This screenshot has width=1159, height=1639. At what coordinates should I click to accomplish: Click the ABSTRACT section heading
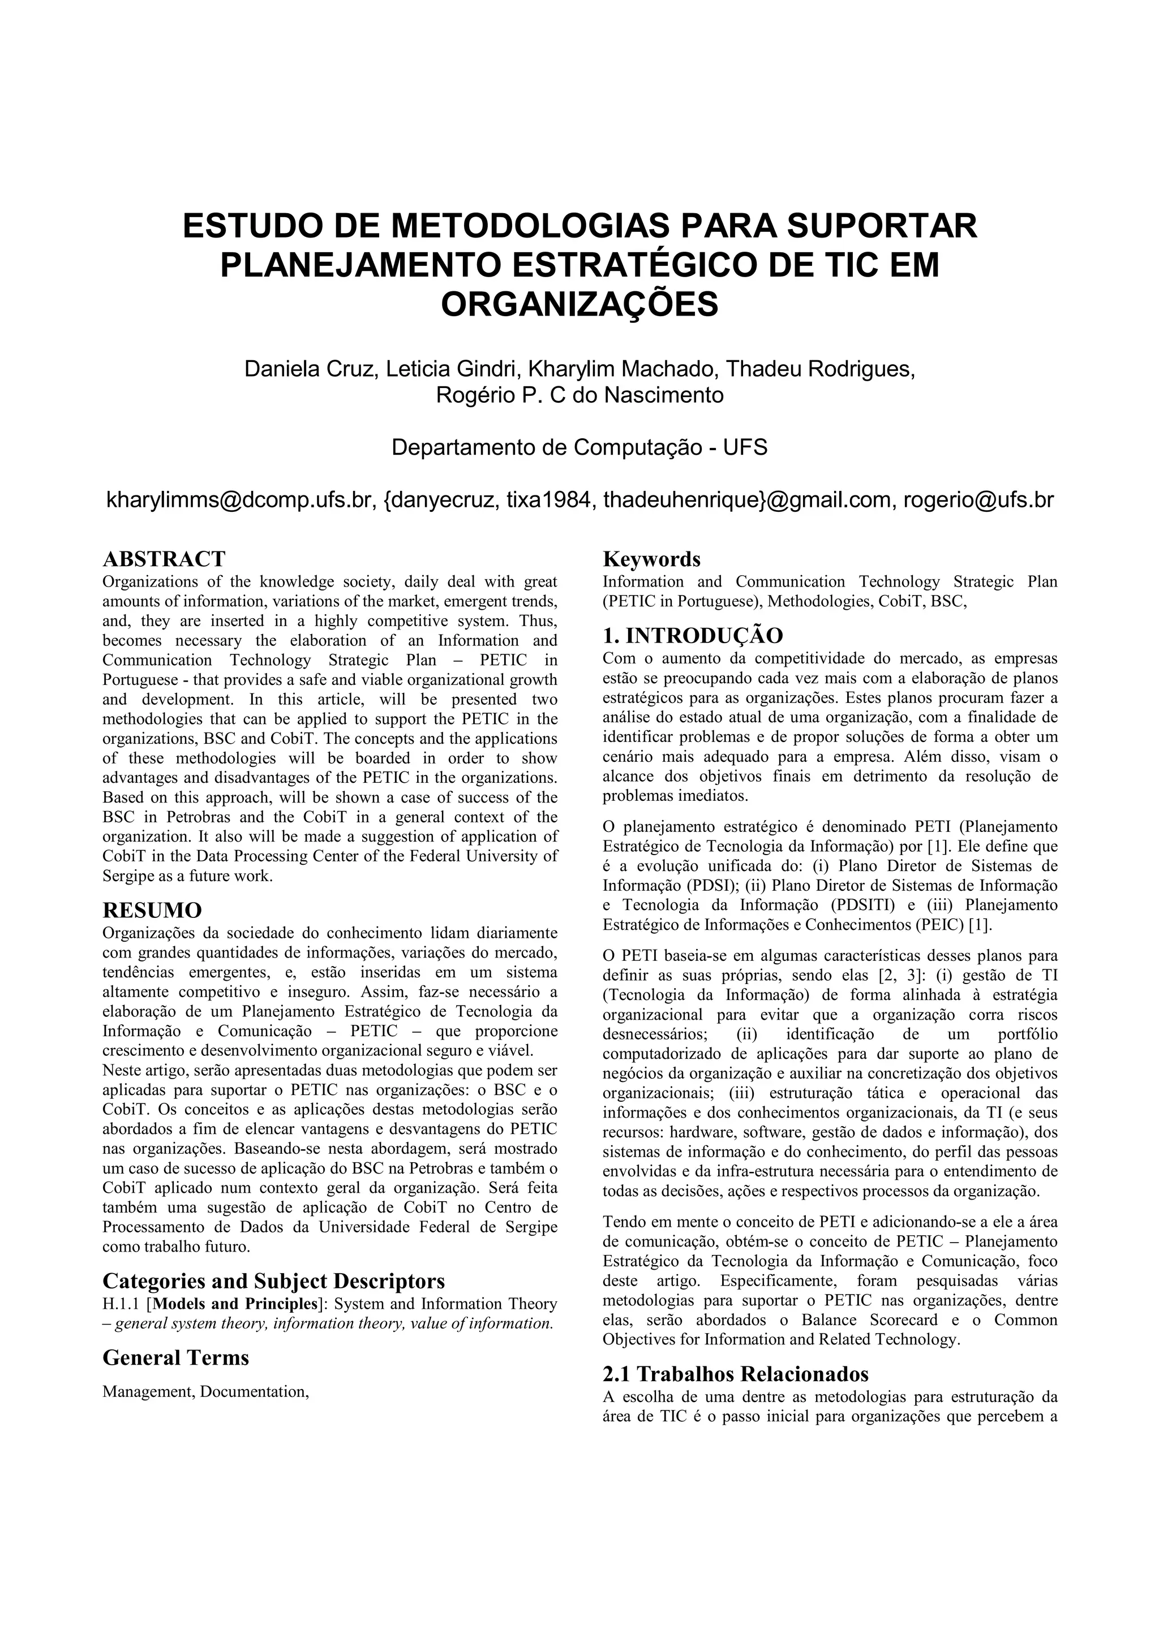(x=164, y=559)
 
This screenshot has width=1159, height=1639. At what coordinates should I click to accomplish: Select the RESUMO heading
(x=152, y=911)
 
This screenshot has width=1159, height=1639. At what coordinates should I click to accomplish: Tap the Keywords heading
(x=651, y=559)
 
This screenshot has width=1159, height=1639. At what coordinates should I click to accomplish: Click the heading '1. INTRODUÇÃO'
(x=693, y=635)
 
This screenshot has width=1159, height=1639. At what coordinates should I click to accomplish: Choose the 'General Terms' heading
(x=175, y=1357)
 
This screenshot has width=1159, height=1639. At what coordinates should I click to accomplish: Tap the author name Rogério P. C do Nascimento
(x=579, y=395)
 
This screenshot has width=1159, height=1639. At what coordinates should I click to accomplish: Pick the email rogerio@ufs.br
(x=978, y=500)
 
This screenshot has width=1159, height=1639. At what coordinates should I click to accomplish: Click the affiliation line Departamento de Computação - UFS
(x=579, y=447)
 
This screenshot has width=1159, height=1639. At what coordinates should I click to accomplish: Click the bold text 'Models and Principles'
(x=234, y=1304)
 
